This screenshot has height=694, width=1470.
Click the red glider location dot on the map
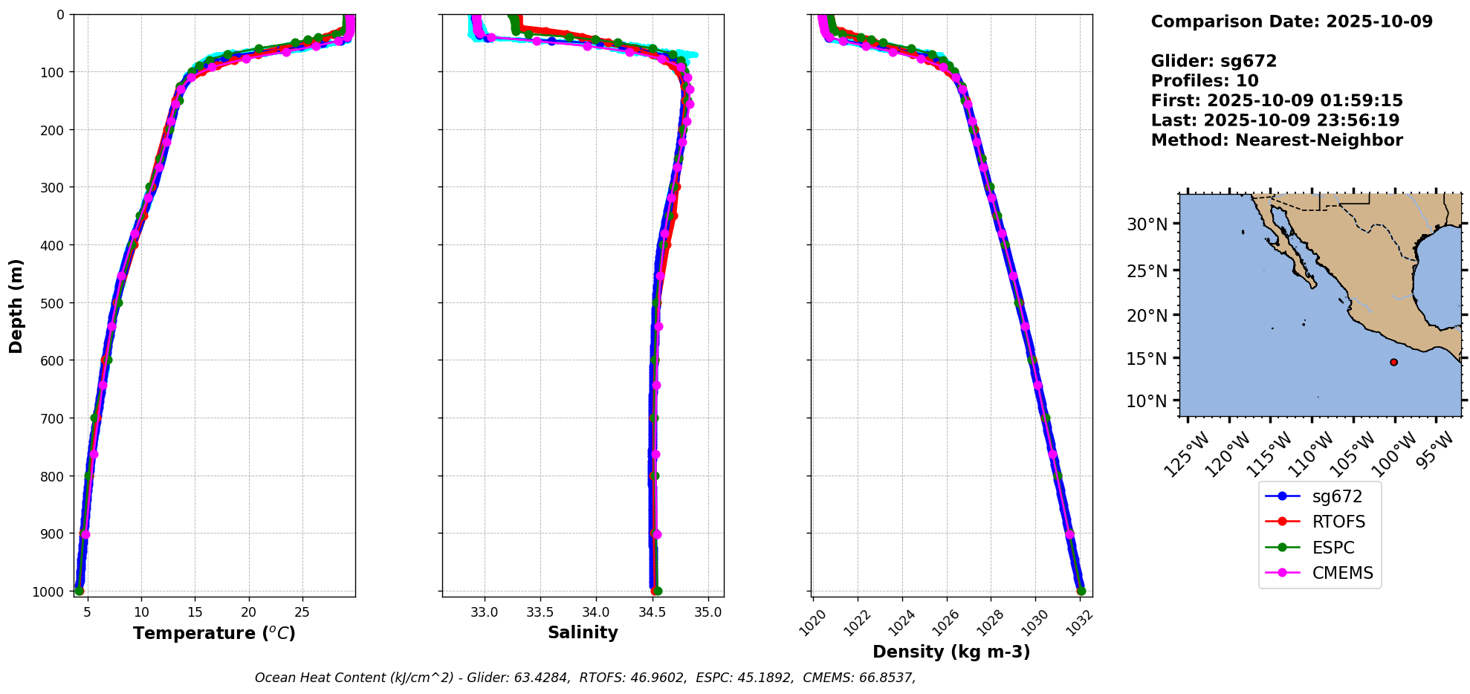(x=1393, y=363)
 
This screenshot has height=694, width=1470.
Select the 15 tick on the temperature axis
(x=195, y=612)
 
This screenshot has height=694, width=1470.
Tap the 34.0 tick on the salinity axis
(x=596, y=612)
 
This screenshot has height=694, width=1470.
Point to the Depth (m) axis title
(x=16, y=306)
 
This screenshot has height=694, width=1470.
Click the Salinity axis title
(x=583, y=632)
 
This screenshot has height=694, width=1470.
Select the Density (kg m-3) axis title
(x=951, y=652)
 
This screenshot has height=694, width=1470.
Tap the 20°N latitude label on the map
(x=1147, y=316)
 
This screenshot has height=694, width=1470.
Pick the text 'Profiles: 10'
(x=1205, y=81)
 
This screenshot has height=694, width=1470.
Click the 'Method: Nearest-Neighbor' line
(x=1277, y=140)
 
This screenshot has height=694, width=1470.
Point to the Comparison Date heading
(x=1292, y=22)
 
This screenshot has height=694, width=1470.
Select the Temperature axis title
(x=214, y=633)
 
